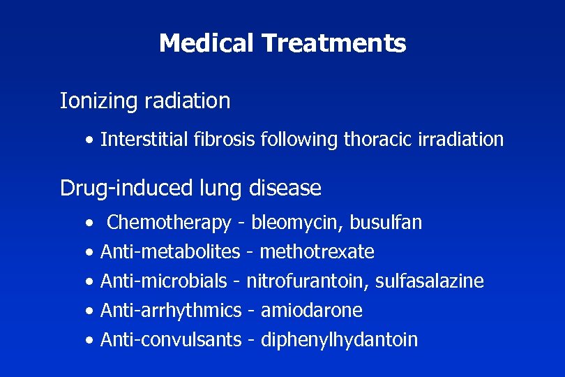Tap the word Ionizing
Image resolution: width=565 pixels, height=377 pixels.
tap(99, 101)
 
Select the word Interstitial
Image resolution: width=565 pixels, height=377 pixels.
tap(144, 140)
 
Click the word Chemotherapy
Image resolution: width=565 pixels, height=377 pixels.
tap(169, 223)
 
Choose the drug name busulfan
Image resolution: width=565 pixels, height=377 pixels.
tap(386, 223)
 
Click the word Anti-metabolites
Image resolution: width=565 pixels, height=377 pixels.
tap(170, 251)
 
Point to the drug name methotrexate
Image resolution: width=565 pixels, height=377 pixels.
tap(317, 251)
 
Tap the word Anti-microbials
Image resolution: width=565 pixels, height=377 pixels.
tap(164, 281)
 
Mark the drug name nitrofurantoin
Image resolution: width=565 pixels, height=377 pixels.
tap(307, 281)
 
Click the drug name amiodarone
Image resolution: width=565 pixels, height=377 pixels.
tap(311, 310)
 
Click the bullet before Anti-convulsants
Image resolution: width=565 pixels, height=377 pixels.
tap(90, 341)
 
